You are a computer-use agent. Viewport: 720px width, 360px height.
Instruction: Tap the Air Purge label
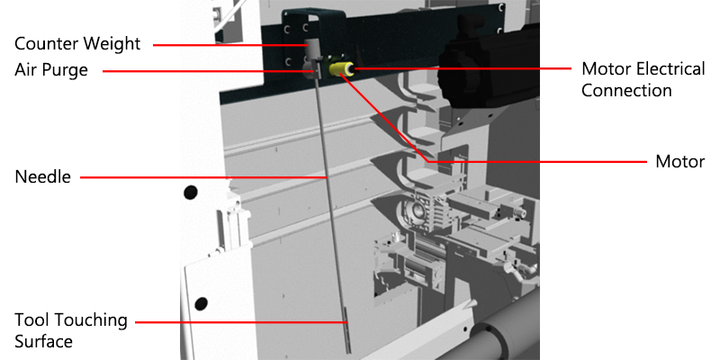click(x=51, y=69)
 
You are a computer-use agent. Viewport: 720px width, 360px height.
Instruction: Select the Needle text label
click(x=42, y=177)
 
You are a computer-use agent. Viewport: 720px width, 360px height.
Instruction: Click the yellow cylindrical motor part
click(x=340, y=69)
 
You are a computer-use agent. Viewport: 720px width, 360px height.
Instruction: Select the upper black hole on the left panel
click(x=190, y=192)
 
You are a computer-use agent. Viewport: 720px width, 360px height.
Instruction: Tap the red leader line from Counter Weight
click(x=229, y=43)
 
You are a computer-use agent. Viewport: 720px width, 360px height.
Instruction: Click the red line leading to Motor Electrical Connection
click(x=459, y=67)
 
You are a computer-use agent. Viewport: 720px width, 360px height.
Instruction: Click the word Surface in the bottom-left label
click(x=44, y=341)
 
